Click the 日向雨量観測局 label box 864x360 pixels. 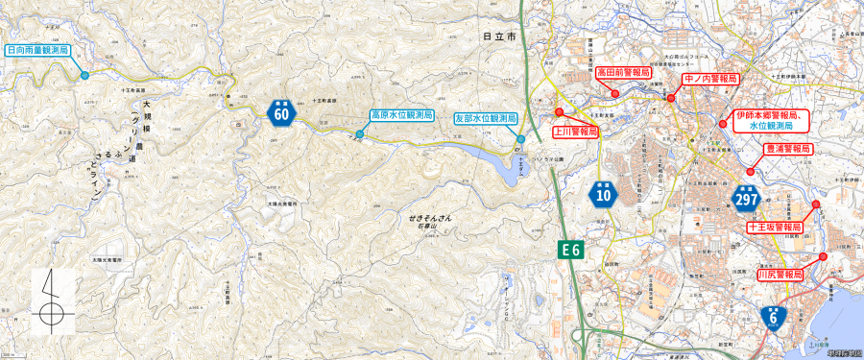click(37, 49)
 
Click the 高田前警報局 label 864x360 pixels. click(623, 72)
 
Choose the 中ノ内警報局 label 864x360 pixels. click(709, 78)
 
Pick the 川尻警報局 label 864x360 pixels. click(780, 274)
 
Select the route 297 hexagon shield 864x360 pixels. click(746, 196)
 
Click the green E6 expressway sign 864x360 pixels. click(571, 250)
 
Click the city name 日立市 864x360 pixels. click(499, 36)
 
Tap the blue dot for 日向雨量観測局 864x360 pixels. click(84, 75)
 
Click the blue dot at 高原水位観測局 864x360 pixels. click(359, 134)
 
